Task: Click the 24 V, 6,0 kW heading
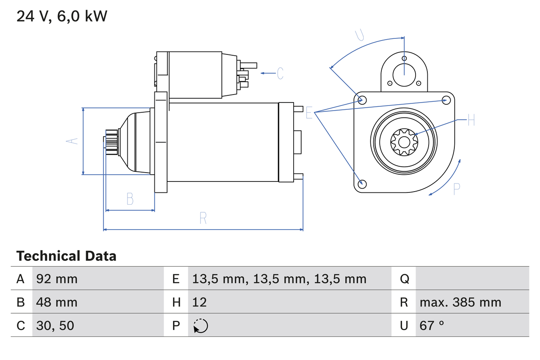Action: (x=62, y=16)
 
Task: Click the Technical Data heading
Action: (x=66, y=256)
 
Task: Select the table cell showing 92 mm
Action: (x=57, y=279)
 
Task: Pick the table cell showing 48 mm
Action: (x=57, y=302)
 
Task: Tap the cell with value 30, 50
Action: (x=55, y=325)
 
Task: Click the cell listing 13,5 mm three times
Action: (x=279, y=279)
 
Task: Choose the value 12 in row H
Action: (x=200, y=302)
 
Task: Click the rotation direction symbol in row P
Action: (x=200, y=326)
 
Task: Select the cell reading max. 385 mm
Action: (x=460, y=302)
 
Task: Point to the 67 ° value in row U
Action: (x=432, y=325)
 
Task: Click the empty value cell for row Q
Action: (x=472, y=279)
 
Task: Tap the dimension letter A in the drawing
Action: (x=73, y=141)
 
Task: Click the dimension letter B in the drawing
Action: (x=130, y=199)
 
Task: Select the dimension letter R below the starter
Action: (x=203, y=218)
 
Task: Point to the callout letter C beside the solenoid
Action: (x=280, y=73)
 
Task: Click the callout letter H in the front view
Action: (x=471, y=120)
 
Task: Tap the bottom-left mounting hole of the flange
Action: (x=362, y=184)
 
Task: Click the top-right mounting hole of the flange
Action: (x=446, y=100)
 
